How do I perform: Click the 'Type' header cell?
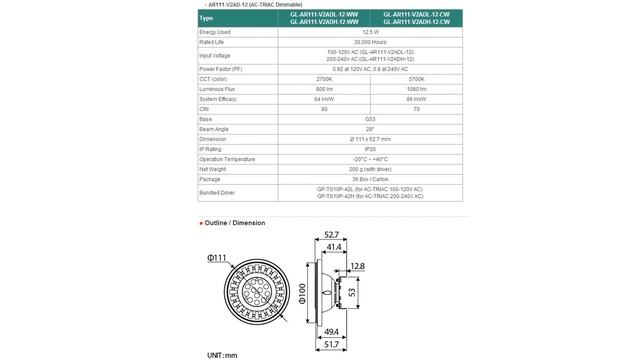pos(206,18)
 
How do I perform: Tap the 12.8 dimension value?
pos(358,267)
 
